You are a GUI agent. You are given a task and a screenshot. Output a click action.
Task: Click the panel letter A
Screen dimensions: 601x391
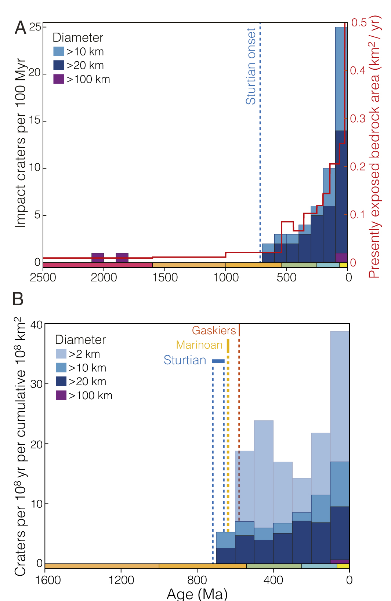pos(21,28)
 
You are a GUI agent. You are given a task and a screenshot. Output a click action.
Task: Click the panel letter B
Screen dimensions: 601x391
pos(18,299)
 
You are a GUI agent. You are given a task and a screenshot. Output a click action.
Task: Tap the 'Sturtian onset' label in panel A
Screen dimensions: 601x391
pos(251,66)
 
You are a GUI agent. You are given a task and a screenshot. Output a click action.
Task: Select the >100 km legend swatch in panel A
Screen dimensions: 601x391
pos(59,79)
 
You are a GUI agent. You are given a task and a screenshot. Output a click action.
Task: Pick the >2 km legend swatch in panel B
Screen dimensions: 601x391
pos(61,354)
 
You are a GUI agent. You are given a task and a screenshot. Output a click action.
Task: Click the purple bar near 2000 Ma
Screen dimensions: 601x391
pos(98,257)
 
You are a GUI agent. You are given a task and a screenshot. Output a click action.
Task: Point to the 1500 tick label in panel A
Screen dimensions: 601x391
pos(165,277)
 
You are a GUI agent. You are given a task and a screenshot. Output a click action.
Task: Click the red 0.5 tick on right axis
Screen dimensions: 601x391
pos(359,23)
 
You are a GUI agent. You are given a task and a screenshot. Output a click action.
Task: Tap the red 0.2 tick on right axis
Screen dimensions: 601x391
pos(358,167)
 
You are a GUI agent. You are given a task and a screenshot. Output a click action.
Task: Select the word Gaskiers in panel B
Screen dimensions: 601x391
pos(214,331)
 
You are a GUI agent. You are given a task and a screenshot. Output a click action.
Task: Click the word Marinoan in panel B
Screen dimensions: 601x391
pos(199,345)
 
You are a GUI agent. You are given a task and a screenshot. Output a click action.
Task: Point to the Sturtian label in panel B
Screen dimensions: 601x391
pos(185,360)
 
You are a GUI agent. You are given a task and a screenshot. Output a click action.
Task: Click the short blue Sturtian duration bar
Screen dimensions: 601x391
pos(218,361)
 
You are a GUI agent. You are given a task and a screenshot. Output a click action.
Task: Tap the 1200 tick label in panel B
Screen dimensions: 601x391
pos(121,580)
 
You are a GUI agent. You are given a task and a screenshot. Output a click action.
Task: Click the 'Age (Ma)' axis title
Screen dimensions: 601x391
pos(197,593)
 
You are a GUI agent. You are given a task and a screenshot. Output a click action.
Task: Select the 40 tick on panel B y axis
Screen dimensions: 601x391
pos(36,325)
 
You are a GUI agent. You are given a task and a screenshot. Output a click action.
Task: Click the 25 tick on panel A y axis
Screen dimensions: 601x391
pos(35,27)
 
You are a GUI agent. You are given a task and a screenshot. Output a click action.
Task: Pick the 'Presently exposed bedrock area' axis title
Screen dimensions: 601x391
pos(374,147)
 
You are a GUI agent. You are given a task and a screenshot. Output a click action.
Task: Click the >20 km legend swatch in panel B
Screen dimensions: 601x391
pos(61,381)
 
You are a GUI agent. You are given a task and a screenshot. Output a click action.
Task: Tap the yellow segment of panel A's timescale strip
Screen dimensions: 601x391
pos(343,265)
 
